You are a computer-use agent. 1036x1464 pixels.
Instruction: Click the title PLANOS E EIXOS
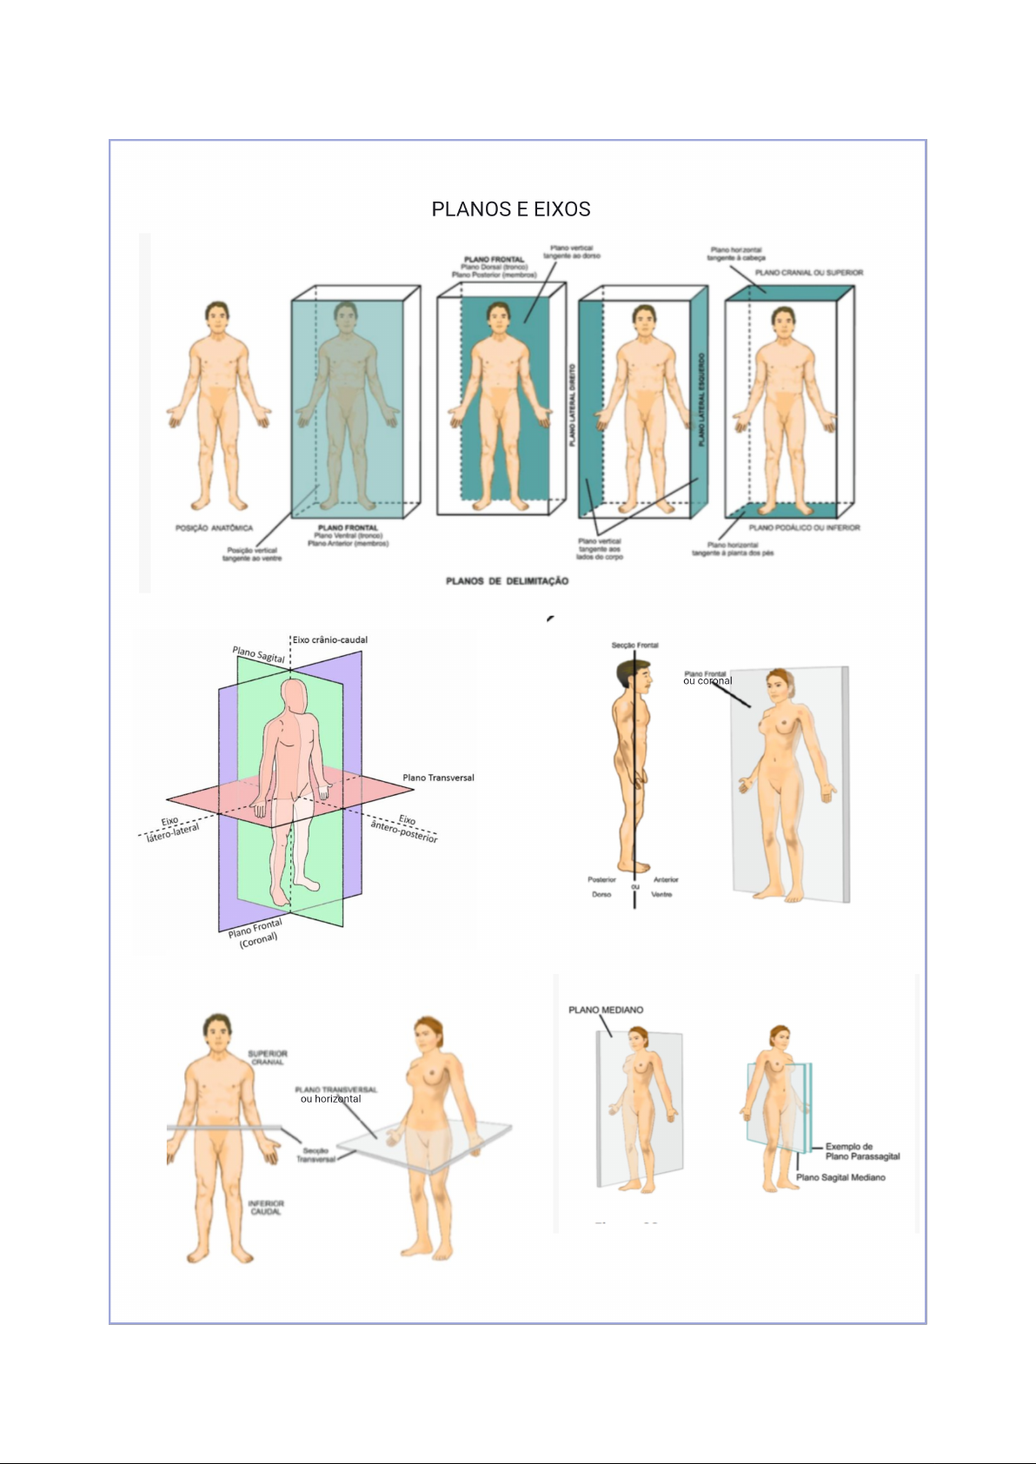click(x=511, y=209)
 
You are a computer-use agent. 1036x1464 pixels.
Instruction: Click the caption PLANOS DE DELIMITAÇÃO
click(x=507, y=580)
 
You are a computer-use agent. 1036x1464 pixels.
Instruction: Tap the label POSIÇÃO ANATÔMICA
click(x=214, y=528)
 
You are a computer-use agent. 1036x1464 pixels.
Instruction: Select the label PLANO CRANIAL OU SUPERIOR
click(x=808, y=273)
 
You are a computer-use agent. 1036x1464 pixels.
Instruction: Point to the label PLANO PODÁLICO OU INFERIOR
click(x=804, y=527)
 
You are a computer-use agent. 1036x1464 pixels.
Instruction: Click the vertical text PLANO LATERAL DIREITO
click(x=572, y=406)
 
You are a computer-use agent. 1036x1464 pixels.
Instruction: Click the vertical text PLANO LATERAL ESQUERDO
click(x=701, y=400)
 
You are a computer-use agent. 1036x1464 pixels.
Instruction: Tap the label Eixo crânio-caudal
click(x=329, y=639)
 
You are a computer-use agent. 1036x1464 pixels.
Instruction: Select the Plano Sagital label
click(x=258, y=654)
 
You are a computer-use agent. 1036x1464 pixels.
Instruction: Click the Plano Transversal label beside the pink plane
click(x=438, y=778)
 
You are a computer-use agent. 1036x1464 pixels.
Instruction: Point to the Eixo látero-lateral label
click(x=171, y=827)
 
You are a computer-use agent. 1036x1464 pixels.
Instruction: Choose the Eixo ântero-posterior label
click(x=404, y=828)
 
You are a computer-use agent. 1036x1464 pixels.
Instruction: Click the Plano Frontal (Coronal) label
click(x=256, y=933)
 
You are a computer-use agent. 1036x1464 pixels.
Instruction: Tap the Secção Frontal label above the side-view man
click(x=634, y=646)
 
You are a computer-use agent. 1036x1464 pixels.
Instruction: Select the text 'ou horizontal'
click(x=330, y=1099)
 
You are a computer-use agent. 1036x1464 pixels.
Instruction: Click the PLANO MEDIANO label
click(x=606, y=1010)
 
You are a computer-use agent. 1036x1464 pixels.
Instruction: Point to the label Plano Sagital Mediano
click(x=840, y=1177)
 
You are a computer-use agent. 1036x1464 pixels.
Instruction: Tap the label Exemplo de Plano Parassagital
click(x=861, y=1151)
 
